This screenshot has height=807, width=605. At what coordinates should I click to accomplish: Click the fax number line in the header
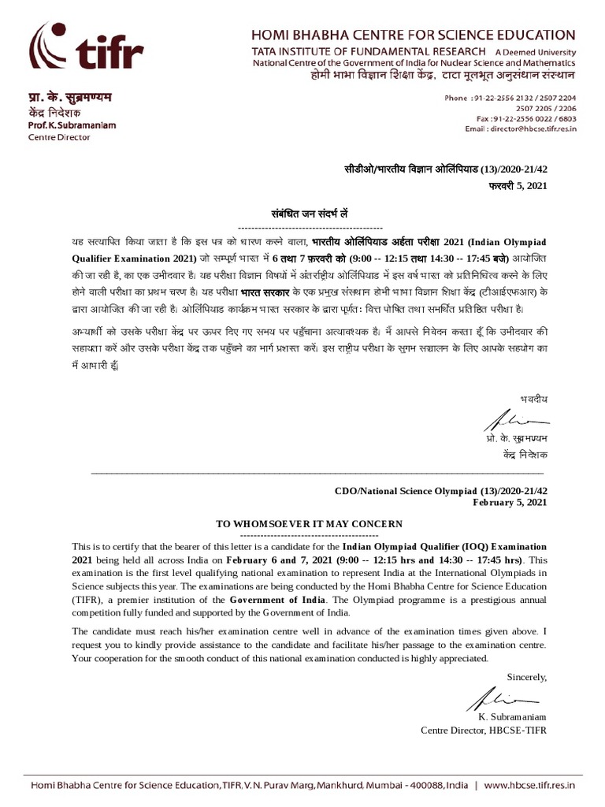tap(521, 118)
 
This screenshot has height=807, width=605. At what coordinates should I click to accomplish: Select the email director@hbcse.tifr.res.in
tap(521, 128)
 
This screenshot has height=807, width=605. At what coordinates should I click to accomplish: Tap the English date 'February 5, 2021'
tap(509, 502)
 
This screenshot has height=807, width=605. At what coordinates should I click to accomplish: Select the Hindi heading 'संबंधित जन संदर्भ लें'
tap(310, 214)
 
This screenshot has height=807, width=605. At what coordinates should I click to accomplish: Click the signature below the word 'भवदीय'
tap(510, 418)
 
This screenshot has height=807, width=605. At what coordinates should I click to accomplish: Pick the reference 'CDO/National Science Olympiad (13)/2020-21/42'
tap(440, 490)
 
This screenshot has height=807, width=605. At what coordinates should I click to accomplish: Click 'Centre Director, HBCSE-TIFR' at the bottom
tap(483, 730)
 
